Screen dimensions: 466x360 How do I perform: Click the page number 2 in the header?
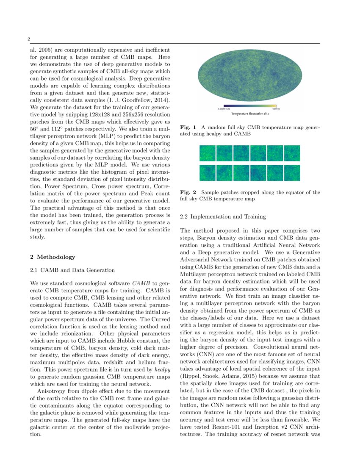tap(29, 39)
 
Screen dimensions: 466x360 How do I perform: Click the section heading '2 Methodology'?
tap(53, 257)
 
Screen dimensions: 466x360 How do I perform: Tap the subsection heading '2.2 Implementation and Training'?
tap(223, 216)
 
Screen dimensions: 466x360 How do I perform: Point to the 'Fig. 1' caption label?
tap(188, 127)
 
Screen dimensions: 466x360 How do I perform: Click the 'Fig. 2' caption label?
tap(188, 192)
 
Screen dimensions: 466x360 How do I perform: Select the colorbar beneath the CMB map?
tap(249, 106)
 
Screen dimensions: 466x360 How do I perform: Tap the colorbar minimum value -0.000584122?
tap(224, 109)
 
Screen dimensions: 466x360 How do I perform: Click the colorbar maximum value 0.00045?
tap(272, 109)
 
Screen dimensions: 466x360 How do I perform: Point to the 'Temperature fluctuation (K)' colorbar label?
tap(250, 114)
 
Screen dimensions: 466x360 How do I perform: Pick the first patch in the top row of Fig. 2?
tap(208, 153)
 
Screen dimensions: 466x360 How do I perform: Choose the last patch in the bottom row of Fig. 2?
tap(292, 173)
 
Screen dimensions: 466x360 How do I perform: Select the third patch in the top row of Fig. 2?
tap(241, 153)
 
